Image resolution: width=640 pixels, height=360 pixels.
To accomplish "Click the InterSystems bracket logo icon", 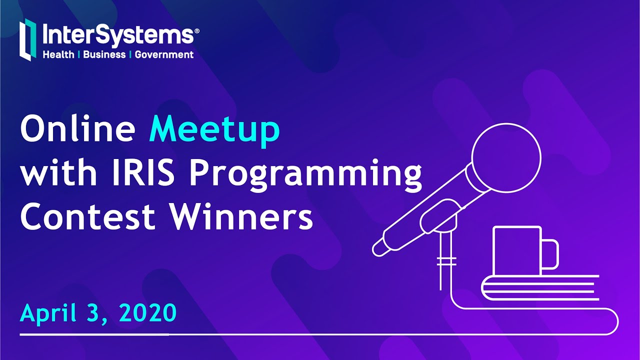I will coord(28,40).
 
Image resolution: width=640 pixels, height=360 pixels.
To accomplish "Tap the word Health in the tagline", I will coord(58,54).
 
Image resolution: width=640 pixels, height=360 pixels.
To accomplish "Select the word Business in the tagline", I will coord(104,54).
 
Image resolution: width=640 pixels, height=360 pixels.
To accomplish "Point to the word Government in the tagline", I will coord(164,54).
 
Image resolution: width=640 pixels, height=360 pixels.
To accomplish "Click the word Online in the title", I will coord(77,129).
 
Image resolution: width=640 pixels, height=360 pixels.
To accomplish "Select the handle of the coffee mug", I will coord(551,254).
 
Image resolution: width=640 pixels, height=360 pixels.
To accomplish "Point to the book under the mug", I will coord(540,286).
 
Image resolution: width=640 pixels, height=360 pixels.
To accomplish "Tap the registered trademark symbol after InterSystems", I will coord(196,30).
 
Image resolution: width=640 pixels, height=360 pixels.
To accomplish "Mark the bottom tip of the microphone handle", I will coord(379,248).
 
